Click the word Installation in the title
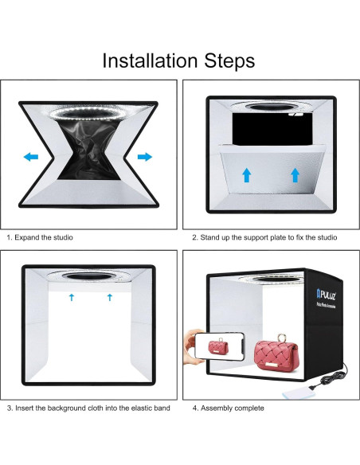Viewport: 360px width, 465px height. point(150,61)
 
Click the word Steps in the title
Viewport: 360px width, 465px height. point(229,61)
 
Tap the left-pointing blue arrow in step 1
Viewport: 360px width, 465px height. point(31,157)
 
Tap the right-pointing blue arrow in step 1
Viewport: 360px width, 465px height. point(145,157)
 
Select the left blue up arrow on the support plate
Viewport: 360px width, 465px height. point(247,175)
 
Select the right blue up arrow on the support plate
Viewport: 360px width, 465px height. point(295,175)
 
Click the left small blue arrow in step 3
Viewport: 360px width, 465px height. point(72,297)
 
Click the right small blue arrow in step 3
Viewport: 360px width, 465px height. point(110,297)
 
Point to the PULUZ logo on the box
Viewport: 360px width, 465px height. point(326,295)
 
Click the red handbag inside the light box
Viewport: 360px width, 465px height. point(276,354)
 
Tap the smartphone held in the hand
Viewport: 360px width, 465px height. point(219,346)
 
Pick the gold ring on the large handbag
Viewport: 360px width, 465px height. point(281,338)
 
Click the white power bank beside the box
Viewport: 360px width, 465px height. point(297,393)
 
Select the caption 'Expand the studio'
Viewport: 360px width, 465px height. point(44,237)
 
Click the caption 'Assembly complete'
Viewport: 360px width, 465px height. point(233,408)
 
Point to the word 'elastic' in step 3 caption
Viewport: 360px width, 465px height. point(142,408)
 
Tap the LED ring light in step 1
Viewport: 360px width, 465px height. point(86,113)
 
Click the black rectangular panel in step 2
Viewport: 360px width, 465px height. point(272,129)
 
